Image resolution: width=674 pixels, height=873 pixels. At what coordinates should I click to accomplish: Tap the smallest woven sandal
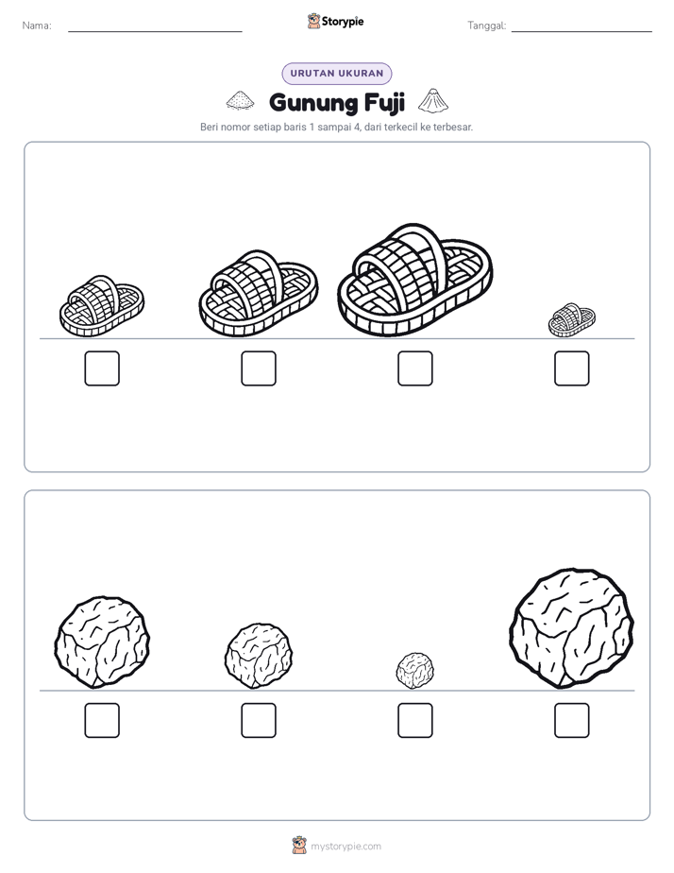572,320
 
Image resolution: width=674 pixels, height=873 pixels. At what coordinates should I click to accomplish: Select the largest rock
572,628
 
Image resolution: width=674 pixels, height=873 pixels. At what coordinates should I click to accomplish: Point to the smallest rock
414,671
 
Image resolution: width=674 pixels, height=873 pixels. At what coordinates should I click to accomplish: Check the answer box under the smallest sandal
572,368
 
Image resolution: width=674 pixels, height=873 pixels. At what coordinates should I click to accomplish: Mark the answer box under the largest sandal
414,368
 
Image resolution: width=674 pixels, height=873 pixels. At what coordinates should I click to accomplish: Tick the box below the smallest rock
414,721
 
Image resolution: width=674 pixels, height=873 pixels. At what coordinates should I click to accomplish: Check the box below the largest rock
572,721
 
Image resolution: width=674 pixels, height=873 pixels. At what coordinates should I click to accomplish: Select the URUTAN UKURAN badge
337,74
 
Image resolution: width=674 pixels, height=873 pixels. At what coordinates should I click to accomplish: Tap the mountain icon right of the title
432,100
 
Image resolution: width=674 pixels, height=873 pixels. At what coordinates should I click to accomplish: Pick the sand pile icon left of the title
240,101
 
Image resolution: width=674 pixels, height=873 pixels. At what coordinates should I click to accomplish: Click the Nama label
37,26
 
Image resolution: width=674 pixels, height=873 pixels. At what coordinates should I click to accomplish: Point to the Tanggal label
487,26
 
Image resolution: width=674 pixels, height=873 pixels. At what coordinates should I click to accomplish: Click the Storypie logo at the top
336,22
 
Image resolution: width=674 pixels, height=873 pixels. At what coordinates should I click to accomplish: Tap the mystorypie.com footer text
345,847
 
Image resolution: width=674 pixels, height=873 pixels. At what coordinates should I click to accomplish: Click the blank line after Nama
155,31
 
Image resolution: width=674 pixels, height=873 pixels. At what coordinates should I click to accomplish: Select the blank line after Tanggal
581,31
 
